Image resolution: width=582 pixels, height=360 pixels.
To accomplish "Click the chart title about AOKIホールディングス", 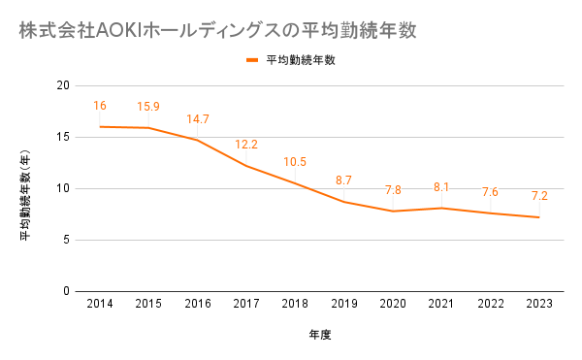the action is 217,30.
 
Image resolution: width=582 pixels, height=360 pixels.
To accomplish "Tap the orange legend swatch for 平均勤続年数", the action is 252,60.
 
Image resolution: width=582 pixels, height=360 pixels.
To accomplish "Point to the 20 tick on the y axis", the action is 63,85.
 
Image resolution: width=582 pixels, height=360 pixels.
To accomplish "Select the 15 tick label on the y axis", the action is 63,137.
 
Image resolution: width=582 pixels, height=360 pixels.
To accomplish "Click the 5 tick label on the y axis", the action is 66,240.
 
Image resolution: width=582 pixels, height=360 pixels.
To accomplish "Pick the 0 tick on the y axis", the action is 66,291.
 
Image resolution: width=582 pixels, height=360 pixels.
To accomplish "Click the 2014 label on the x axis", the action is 100,304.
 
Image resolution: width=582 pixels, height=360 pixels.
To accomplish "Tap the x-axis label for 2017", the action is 246,304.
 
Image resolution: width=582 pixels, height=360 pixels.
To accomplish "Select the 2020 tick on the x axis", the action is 393,304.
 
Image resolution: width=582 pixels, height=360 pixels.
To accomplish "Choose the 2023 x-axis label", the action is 539,304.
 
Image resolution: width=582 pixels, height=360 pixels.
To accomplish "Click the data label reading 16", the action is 100,106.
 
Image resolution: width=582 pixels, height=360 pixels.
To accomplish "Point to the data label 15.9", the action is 148,107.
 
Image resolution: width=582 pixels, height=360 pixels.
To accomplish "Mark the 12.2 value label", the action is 246,145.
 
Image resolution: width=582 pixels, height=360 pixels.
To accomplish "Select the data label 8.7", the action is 343,180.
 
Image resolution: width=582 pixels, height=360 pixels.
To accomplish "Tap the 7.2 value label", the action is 539,196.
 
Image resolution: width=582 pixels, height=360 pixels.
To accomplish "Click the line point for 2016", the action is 197,140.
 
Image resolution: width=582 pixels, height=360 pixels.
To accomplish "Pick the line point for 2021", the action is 441,208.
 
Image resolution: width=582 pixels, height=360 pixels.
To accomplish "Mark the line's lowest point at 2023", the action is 539,217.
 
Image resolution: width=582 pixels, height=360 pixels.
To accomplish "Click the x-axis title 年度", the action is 319,335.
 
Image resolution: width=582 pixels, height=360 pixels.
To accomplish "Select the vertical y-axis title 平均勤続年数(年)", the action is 25,195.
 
